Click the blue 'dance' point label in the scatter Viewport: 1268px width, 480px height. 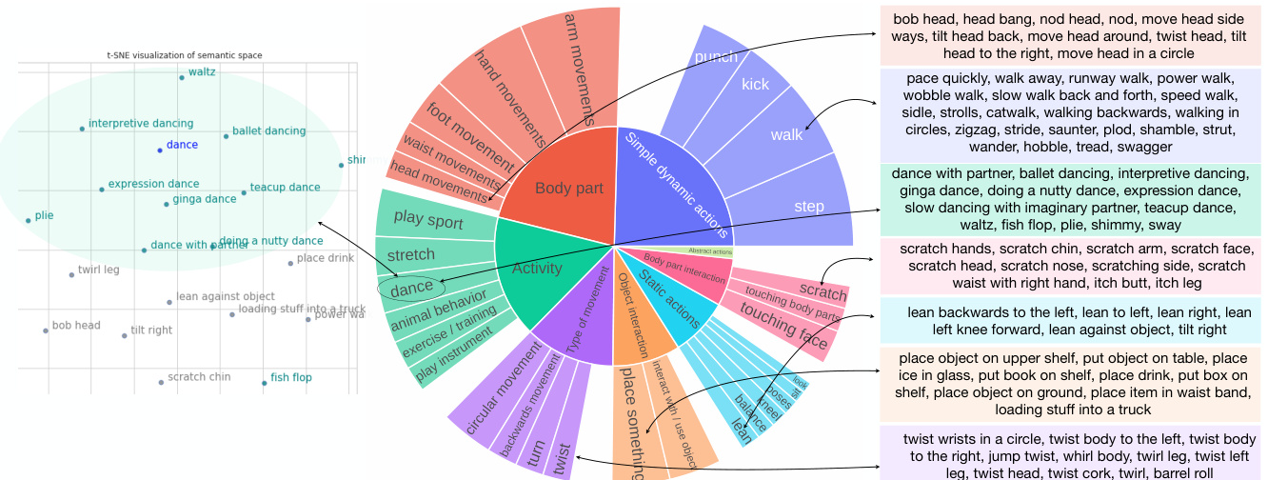coord(182,146)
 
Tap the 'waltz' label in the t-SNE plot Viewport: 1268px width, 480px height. coord(202,72)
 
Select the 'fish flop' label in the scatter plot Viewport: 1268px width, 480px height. coord(291,378)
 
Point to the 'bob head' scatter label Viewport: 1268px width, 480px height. coord(76,326)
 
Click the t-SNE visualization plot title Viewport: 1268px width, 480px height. coord(185,55)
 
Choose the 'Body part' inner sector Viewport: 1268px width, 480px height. coord(568,189)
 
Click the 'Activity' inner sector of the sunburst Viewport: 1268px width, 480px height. coord(537,269)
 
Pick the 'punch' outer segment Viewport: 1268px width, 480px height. coord(716,57)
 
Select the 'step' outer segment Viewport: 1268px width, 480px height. coord(809,207)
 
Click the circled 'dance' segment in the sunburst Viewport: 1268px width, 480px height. coord(412,286)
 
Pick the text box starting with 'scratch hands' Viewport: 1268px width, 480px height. coord(1071,266)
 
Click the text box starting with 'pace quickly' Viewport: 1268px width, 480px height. coord(1071,112)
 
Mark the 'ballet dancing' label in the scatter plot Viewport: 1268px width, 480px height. coord(268,131)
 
